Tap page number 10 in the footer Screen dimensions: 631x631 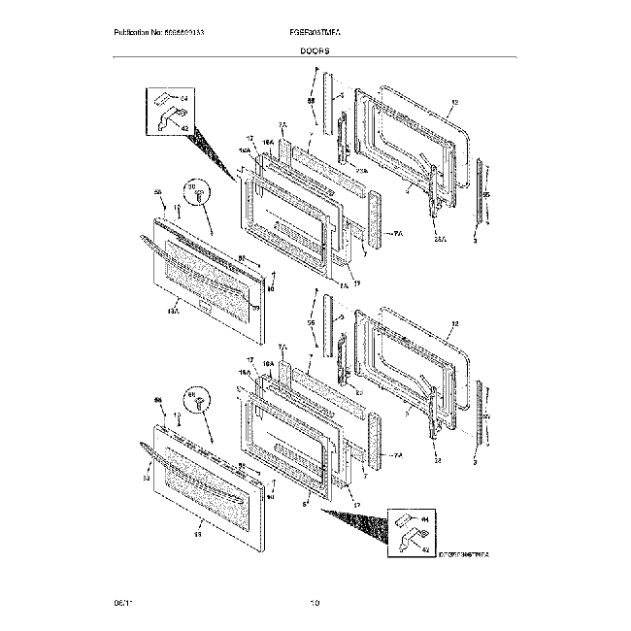315,604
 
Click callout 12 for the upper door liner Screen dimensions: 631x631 454,103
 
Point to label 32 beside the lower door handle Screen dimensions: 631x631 147,478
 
